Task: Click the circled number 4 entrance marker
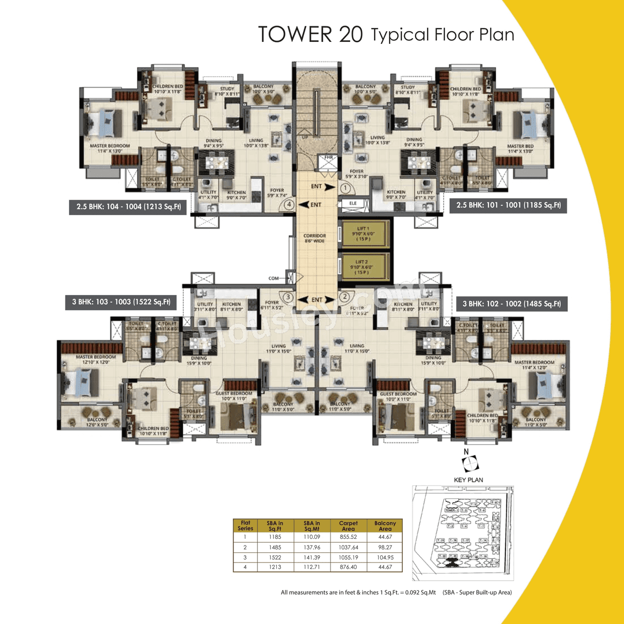point(289,205)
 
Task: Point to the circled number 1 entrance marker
point(346,188)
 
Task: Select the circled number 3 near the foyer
point(288,297)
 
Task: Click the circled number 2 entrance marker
point(345,296)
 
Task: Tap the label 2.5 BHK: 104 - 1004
point(128,207)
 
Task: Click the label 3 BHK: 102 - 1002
point(511,304)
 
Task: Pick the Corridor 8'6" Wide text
point(315,238)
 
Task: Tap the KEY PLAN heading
point(468,480)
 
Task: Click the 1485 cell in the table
point(275,547)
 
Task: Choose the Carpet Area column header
point(348,526)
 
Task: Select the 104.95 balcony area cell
point(385,557)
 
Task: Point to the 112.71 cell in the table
point(312,567)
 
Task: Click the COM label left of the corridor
point(273,278)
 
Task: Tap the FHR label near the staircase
point(329,157)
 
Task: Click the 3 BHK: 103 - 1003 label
point(121,302)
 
